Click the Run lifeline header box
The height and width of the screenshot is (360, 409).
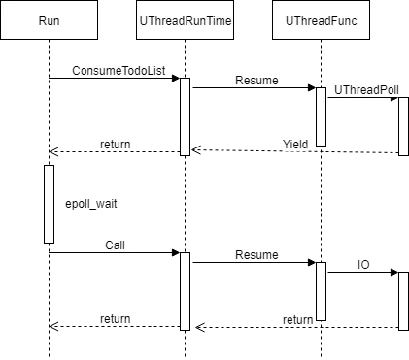tap(49, 20)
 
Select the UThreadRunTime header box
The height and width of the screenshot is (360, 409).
tap(185, 20)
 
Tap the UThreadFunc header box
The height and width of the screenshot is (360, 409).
tap(321, 20)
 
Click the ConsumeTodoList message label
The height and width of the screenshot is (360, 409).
tap(119, 71)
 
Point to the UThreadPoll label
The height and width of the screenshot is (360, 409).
tap(366, 90)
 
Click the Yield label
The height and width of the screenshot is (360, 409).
tap(295, 144)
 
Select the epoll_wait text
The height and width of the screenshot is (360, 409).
tap(91, 204)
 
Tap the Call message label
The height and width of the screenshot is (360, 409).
tap(115, 245)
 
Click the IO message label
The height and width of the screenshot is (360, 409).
tap(363, 265)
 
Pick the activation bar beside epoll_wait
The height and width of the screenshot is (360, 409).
tap(49, 204)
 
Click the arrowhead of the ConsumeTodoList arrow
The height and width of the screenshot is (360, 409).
tap(176, 78)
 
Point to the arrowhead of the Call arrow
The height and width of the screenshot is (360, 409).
tap(176, 252)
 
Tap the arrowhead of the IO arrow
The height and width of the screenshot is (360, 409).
tap(394, 272)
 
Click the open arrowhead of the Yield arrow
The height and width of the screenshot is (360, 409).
tap(196, 150)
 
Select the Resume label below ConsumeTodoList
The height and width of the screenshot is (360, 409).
tap(256, 81)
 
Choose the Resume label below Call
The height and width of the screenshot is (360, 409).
tap(256, 255)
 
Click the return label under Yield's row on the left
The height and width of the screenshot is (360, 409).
tap(116, 145)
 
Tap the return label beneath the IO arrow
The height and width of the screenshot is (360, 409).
tap(298, 320)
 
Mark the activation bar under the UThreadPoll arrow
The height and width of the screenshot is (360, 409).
tap(403, 126)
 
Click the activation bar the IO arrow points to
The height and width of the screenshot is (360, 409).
tap(403, 301)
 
